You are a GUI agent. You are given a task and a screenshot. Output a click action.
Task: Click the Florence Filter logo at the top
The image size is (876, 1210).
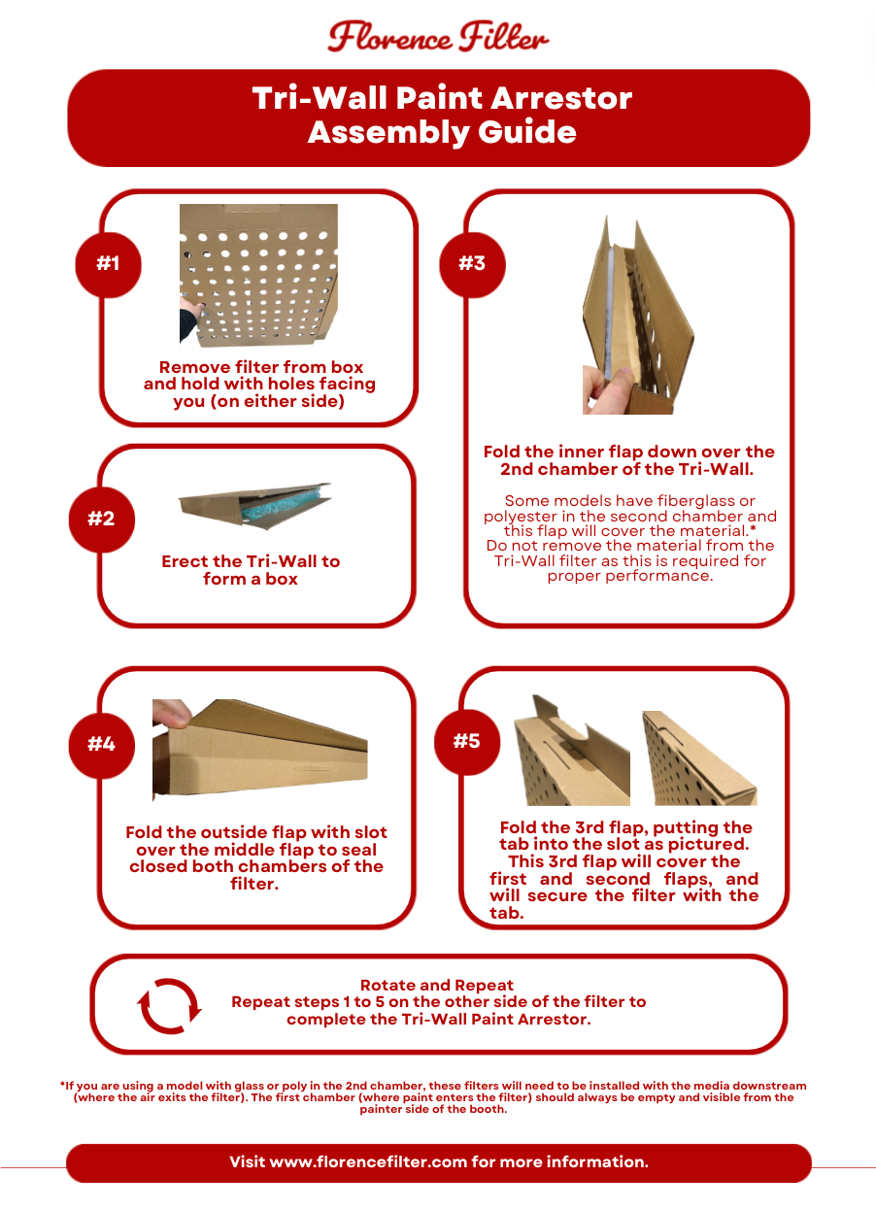(x=438, y=37)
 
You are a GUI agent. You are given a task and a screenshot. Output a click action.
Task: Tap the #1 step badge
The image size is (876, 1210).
(x=108, y=265)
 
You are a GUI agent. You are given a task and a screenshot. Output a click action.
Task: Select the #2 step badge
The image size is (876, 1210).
(x=102, y=520)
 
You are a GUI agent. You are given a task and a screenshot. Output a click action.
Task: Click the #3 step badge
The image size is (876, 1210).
(x=472, y=265)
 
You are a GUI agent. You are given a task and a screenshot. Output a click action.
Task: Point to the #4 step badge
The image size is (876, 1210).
(x=102, y=745)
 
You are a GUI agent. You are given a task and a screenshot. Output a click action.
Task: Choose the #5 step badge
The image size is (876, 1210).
(x=467, y=742)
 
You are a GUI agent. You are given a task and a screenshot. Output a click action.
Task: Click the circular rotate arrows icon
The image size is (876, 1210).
(x=169, y=1006)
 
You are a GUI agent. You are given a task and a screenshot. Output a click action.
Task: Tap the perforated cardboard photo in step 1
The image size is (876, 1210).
(x=258, y=275)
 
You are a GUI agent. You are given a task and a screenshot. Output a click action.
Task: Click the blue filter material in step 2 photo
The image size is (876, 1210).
(x=286, y=506)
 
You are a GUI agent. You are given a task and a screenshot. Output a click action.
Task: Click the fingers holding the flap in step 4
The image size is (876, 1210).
(x=172, y=712)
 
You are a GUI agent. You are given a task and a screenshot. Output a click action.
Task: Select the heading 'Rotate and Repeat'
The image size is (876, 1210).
(x=436, y=985)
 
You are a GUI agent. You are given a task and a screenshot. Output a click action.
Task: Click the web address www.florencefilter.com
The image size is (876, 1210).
(x=368, y=1161)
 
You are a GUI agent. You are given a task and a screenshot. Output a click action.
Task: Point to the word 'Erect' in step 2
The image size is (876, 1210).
(x=185, y=561)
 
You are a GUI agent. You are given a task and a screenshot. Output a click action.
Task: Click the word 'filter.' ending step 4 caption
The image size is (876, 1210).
(x=254, y=884)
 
